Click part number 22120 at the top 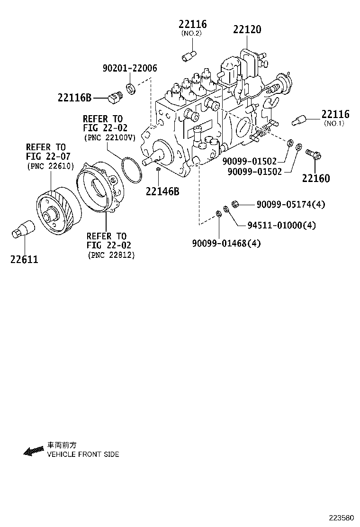click(x=247, y=29)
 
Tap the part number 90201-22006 click(x=129, y=68)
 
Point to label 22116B click(x=74, y=98)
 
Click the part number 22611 click(x=24, y=260)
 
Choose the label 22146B click(x=162, y=191)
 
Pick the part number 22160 click(x=316, y=179)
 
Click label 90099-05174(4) click(x=291, y=204)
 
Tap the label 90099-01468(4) click(x=226, y=244)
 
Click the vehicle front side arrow click(x=33, y=451)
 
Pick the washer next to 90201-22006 click(x=130, y=88)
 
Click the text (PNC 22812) click(x=111, y=255)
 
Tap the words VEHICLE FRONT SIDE click(x=83, y=454)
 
